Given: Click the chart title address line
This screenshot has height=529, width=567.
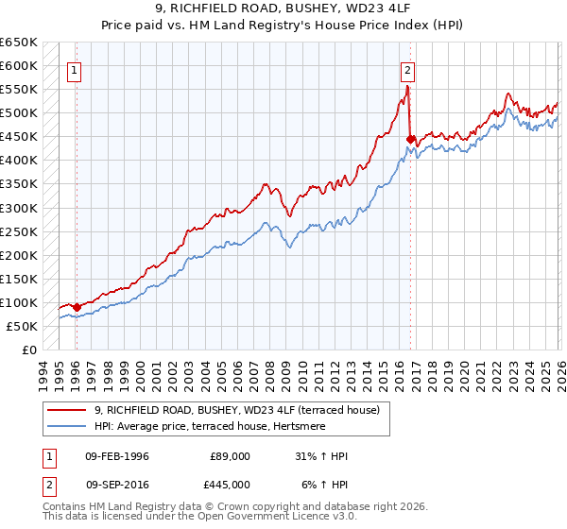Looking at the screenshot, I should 283,9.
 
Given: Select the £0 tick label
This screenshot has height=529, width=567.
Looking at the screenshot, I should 28,350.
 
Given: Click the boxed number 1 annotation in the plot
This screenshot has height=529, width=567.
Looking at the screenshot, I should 74,69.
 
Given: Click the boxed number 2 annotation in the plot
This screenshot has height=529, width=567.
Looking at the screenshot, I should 407,69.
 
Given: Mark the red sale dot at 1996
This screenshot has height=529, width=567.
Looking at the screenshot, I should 77,307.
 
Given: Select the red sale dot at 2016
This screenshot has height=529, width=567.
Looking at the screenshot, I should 410,139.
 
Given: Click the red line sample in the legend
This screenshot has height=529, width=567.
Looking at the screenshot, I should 66,410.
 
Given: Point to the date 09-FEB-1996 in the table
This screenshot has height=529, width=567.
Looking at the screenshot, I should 117,456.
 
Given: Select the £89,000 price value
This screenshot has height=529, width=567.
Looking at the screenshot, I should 231,456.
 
